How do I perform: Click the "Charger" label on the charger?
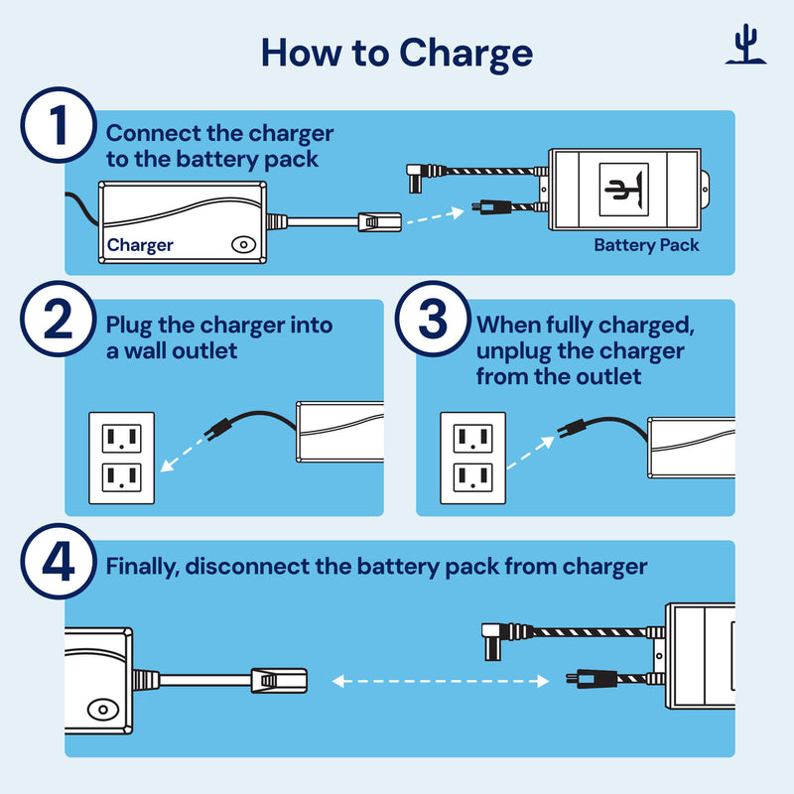[140, 245]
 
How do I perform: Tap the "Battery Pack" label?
[646, 245]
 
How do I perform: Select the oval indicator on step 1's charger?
[241, 243]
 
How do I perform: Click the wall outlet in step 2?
[121, 457]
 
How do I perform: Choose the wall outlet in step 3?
[473, 457]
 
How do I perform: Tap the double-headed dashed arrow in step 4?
[441, 682]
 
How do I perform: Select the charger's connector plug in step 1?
[378, 222]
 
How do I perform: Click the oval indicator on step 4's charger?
[99, 710]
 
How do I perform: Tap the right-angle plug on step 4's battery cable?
[494, 636]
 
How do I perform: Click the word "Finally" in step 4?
[141, 567]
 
